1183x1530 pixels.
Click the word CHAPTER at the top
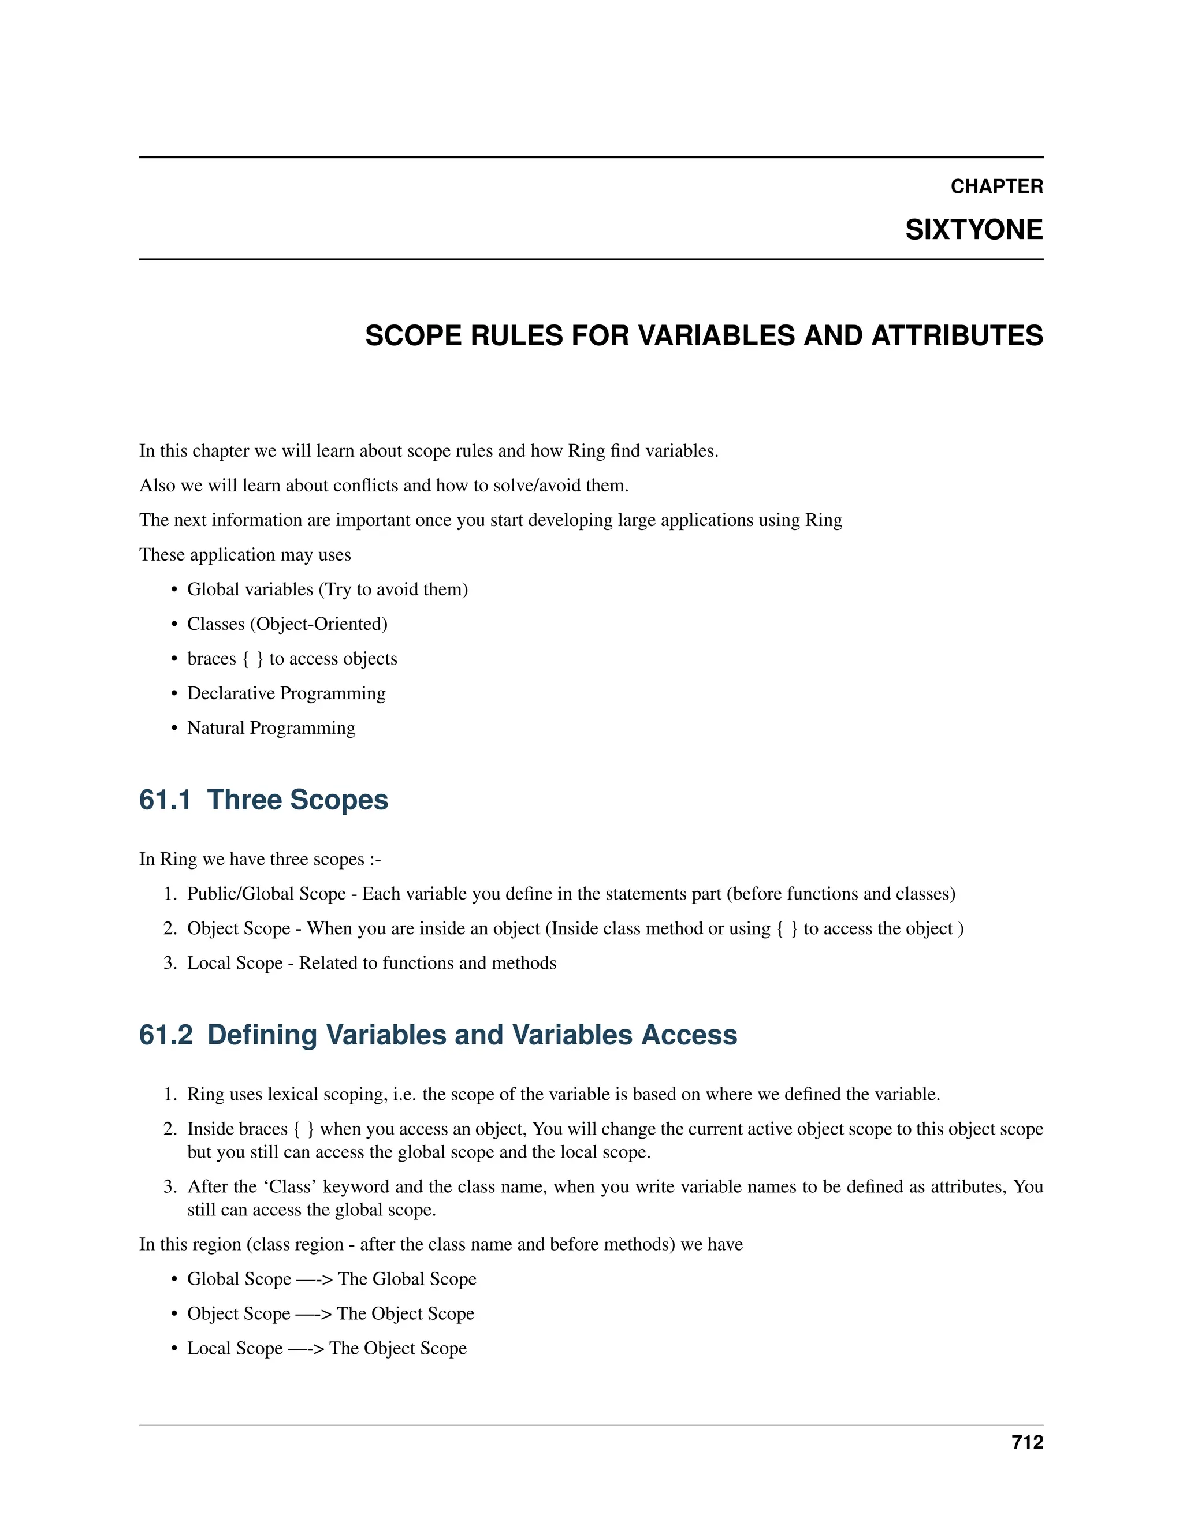point(996,186)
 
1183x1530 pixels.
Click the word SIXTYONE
point(973,230)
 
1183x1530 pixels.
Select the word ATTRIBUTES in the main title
point(957,335)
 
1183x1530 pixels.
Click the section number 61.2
point(165,1035)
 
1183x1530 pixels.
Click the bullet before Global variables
point(174,590)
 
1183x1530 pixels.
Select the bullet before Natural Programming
point(174,729)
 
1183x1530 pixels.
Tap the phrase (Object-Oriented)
point(318,624)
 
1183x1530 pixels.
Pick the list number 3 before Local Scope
point(170,963)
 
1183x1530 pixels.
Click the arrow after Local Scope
point(306,1349)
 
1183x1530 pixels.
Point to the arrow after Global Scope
point(314,1279)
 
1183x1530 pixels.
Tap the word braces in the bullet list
point(211,659)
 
